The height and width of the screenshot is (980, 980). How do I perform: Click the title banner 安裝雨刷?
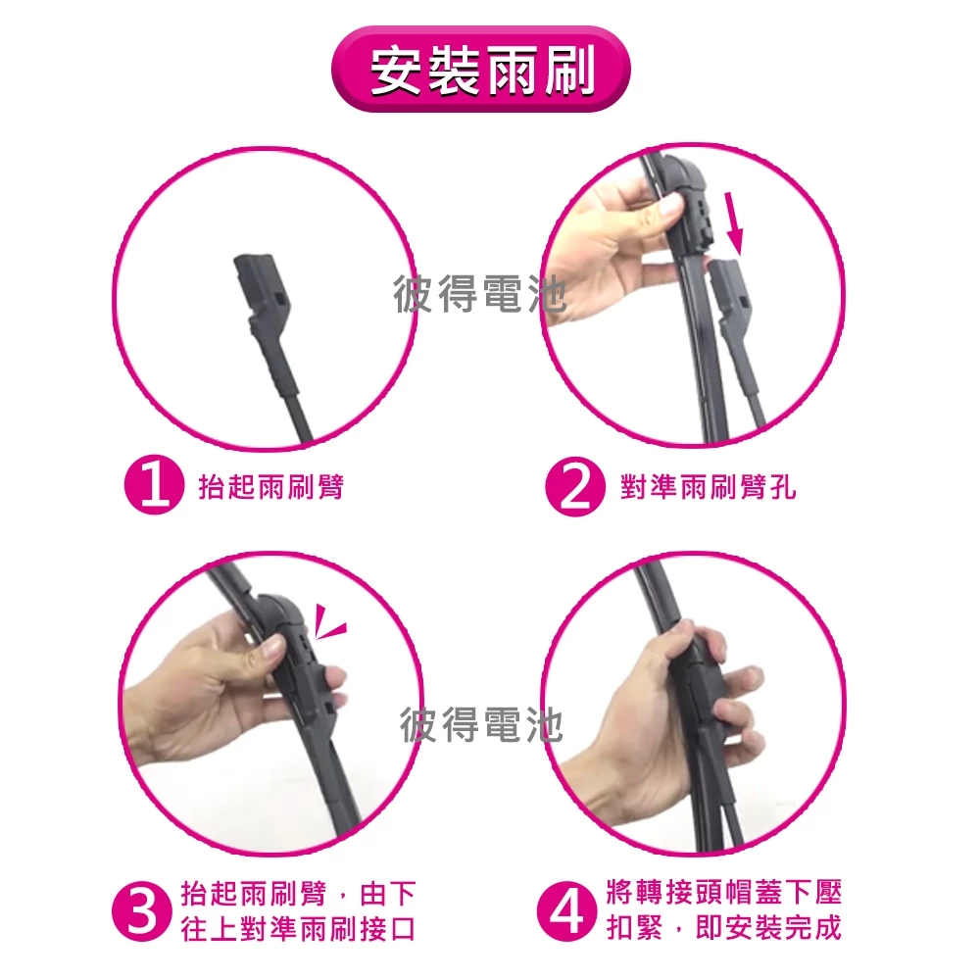480,69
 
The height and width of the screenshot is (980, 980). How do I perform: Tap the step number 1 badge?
155,487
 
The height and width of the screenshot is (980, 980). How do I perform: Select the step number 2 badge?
575,487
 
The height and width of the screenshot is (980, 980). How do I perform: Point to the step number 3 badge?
142,911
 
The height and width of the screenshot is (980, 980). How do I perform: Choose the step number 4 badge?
566,911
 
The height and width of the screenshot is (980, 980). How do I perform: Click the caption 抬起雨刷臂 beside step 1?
271,487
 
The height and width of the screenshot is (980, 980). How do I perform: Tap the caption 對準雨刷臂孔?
709,487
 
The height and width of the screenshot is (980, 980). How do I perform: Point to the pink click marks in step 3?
330,622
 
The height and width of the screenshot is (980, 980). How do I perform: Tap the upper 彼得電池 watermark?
480,294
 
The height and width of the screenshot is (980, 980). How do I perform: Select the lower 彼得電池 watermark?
481,725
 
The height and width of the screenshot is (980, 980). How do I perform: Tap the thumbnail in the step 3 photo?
271,650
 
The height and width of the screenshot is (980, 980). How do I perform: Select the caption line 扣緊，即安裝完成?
724,927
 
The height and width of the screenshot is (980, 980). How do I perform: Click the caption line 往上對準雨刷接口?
298,929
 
